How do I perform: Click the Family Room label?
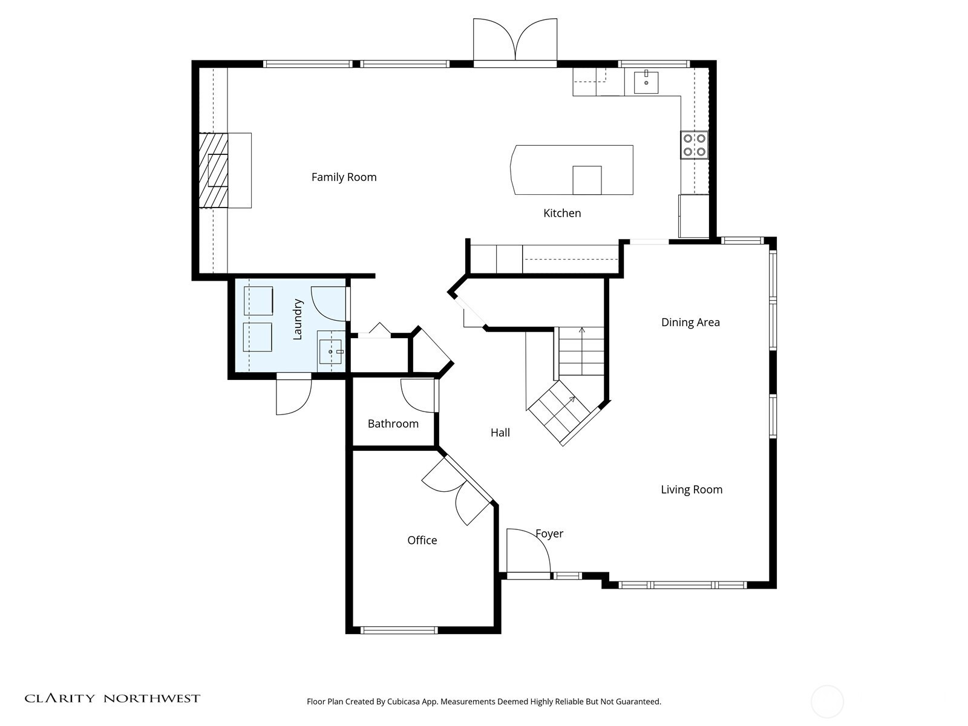[344, 177]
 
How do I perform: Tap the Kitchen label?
[562, 214]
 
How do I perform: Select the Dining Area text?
[690, 322]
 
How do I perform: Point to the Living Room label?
[692, 489]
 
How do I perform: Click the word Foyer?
[549, 534]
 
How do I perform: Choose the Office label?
[422, 540]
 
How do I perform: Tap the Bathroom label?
[393, 423]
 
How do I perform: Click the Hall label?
[500, 433]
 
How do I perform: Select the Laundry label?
[298, 319]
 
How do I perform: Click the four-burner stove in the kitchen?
[694, 145]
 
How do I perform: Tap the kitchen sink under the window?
[646, 82]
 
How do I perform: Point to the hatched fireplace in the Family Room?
[214, 170]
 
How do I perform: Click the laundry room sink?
[330, 352]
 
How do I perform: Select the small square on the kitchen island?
[587, 180]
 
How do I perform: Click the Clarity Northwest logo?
[112, 698]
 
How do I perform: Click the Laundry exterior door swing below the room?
[300, 405]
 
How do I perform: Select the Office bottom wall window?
[399, 630]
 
